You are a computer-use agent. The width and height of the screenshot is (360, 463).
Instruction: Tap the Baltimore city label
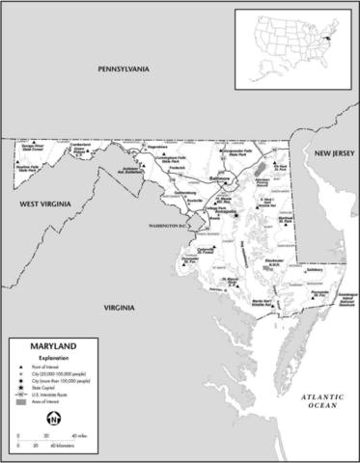220,178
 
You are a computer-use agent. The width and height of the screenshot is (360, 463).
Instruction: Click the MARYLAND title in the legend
44,344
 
